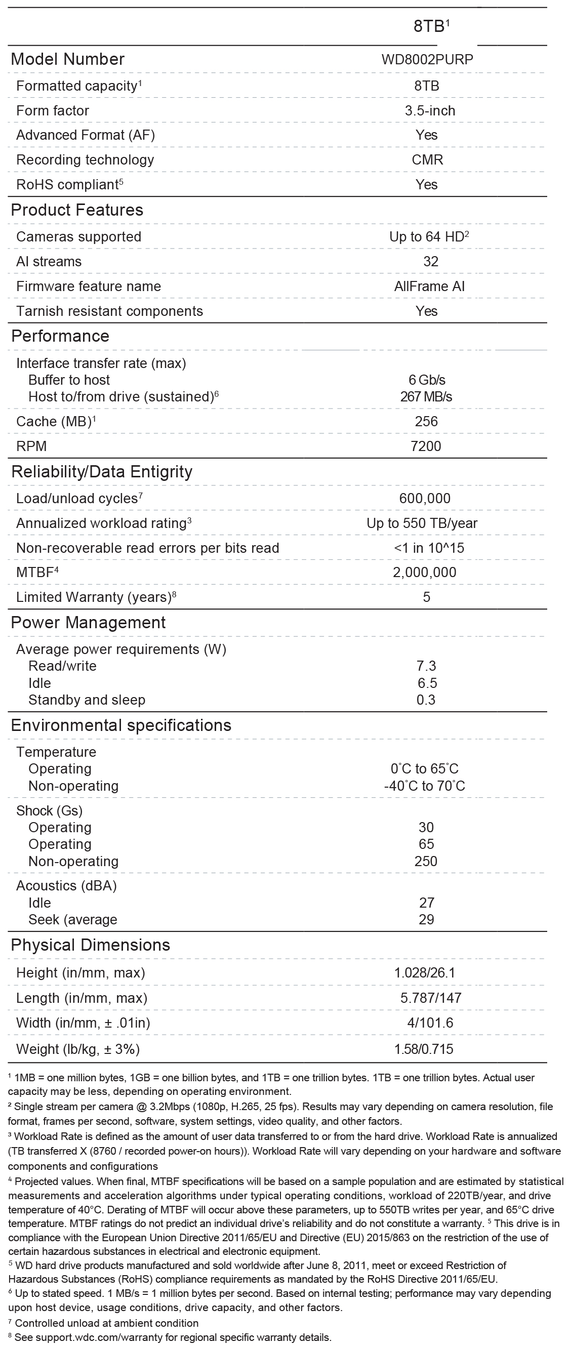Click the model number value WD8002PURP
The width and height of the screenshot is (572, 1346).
[427, 59]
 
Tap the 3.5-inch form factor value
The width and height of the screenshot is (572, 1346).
[430, 111]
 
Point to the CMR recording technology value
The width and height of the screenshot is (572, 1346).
[427, 160]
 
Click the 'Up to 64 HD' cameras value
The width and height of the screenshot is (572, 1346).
[429, 237]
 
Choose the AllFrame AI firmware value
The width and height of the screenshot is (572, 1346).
[429, 287]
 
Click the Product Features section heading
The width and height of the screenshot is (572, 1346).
[77, 210]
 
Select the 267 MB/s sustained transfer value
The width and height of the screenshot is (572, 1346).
[426, 396]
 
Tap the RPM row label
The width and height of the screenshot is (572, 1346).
[31, 446]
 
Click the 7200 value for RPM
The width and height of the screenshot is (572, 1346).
[426, 446]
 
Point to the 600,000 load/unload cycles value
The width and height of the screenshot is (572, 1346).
[425, 499]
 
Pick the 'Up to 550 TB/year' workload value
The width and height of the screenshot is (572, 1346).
[422, 523]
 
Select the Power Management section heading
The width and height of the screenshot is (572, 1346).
[88, 622]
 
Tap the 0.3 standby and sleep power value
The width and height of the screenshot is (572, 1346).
[426, 700]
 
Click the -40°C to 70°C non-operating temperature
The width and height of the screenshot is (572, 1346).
[424, 786]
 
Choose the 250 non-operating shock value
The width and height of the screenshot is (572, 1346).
[426, 861]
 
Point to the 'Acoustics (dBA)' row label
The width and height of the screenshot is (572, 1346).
[66, 886]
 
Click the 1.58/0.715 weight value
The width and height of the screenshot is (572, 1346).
[424, 1049]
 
